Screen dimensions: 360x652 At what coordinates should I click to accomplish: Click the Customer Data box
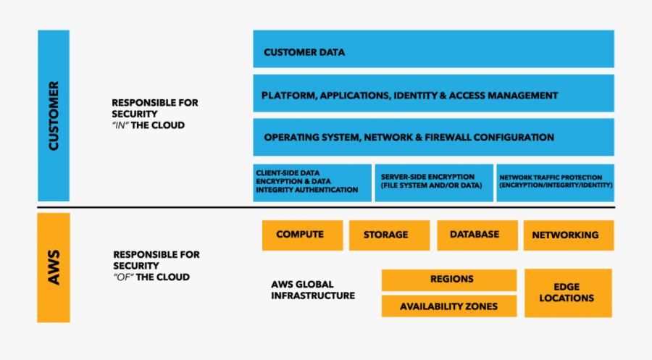433,52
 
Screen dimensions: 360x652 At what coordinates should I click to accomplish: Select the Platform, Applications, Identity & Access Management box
433,95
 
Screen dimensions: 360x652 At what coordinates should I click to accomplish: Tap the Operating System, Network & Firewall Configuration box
433,137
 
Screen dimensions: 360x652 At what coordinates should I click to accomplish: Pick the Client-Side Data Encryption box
312,183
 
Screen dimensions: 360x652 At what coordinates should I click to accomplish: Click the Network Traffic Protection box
556,183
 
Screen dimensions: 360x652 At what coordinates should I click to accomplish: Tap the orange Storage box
385,235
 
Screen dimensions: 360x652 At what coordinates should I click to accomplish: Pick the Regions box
449,279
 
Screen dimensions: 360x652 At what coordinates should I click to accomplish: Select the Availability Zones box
449,306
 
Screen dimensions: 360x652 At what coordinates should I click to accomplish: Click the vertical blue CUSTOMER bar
54,115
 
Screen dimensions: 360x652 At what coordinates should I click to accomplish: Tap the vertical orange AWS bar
54,267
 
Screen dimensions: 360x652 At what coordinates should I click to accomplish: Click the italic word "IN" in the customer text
122,125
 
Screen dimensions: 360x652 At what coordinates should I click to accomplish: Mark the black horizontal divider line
326,209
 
